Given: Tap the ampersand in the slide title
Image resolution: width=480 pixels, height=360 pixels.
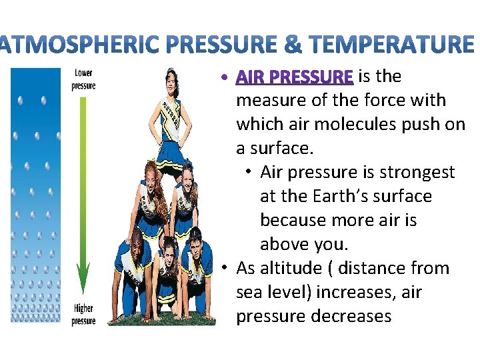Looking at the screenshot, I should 293,45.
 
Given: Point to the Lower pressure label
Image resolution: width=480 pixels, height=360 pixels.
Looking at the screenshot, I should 83,79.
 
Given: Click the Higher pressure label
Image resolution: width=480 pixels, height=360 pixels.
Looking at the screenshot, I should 83,315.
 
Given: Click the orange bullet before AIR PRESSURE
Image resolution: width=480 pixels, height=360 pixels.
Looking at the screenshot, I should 227,78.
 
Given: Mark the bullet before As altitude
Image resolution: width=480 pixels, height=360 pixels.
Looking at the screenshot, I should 227,269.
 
